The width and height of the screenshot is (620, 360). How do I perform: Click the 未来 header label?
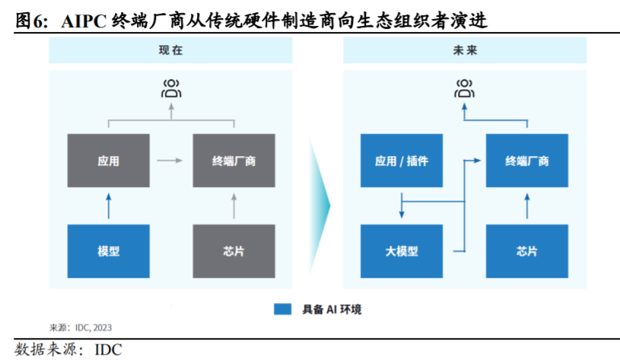click(x=466, y=52)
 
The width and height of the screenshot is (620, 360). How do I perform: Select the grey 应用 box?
click(x=109, y=161)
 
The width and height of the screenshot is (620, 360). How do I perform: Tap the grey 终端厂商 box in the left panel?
click(x=234, y=161)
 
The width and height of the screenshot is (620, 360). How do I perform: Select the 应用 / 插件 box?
click(x=402, y=161)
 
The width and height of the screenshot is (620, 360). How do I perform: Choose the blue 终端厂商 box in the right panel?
click(x=527, y=161)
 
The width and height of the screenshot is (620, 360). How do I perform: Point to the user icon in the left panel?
click(x=171, y=88)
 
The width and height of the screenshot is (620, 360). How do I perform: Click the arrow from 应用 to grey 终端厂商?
click(x=170, y=161)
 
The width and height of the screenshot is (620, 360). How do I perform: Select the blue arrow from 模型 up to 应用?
click(x=109, y=205)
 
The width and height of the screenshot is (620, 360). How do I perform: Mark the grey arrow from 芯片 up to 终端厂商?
click(x=234, y=205)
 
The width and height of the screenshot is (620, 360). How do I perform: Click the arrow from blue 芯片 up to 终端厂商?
click(x=527, y=205)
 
